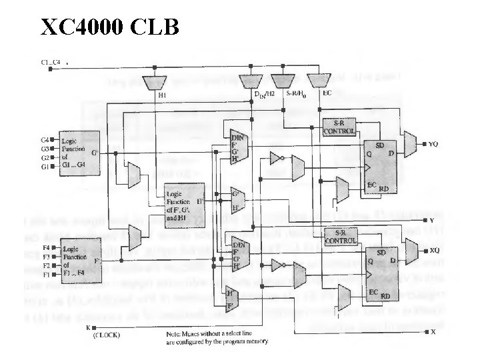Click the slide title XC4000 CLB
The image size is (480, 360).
109,27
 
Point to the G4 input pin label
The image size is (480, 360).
45,140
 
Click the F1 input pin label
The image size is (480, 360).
45,273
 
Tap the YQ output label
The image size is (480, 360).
433,143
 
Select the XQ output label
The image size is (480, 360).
433,251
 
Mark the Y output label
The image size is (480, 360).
431,219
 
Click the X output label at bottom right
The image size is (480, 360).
432,331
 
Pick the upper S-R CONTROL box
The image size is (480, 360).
339,127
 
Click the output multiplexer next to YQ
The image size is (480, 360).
411,142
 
